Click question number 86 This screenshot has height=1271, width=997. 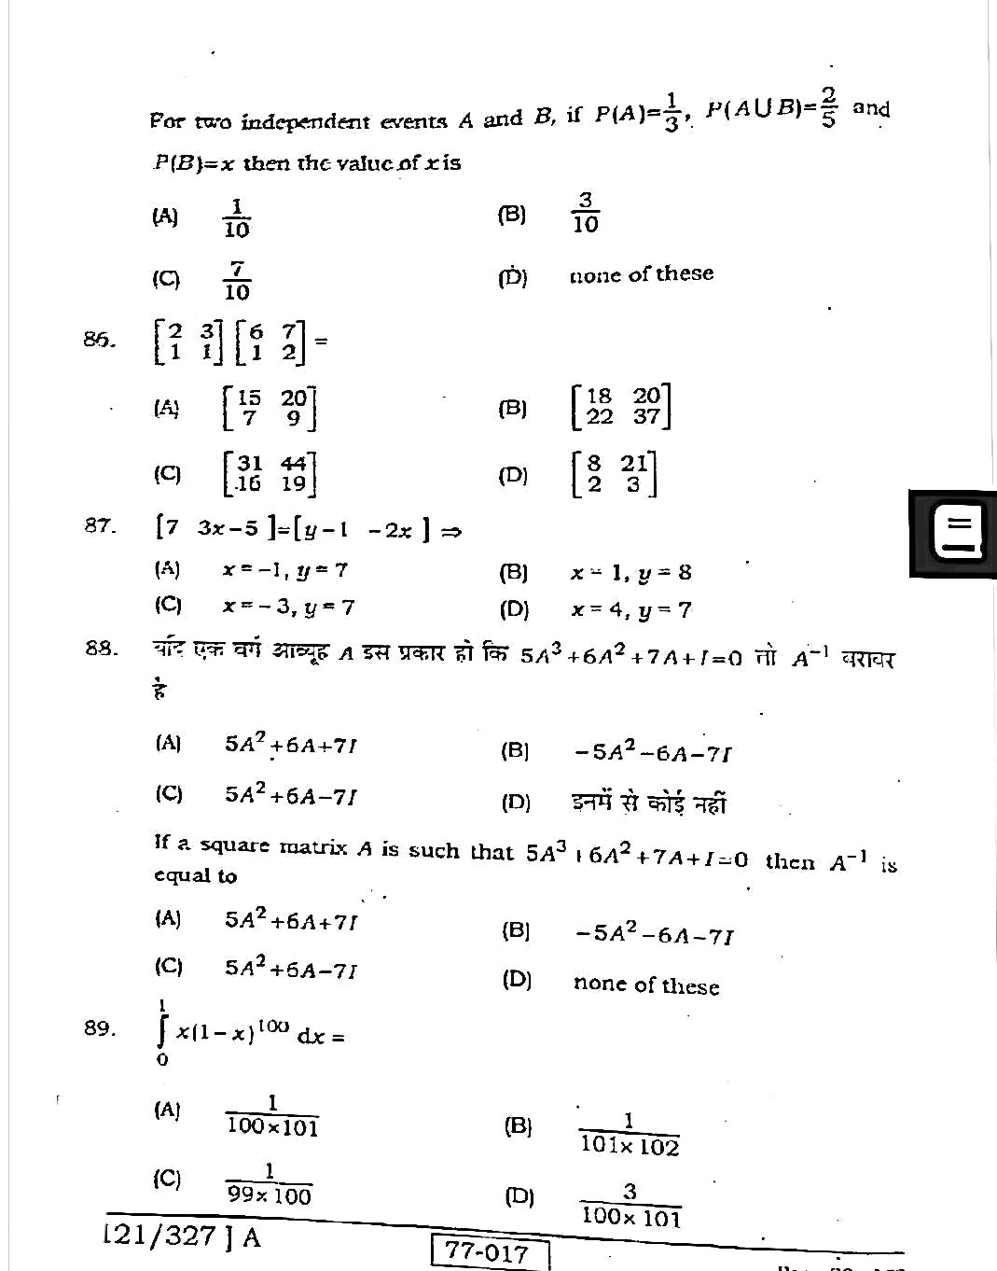click(x=99, y=339)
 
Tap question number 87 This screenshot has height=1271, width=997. click(x=99, y=526)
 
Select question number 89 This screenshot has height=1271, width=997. click(x=99, y=1028)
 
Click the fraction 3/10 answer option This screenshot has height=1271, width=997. click(x=585, y=214)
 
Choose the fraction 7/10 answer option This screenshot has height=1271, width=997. click(x=237, y=280)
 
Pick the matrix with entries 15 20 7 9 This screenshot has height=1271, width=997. click(x=270, y=408)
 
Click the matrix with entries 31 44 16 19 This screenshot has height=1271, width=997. click(x=270, y=473)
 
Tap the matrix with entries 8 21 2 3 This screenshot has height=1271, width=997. click(x=614, y=474)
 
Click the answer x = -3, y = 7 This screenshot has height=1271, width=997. click(x=288, y=608)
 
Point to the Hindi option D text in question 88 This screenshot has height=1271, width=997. click(x=649, y=803)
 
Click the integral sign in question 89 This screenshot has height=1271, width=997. click(x=163, y=1032)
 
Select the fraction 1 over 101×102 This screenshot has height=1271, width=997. click(x=629, y=1135)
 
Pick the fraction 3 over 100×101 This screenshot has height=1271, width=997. click(x=630, y=1205)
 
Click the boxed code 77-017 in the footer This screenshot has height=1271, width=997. click(x=491, y=1252)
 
